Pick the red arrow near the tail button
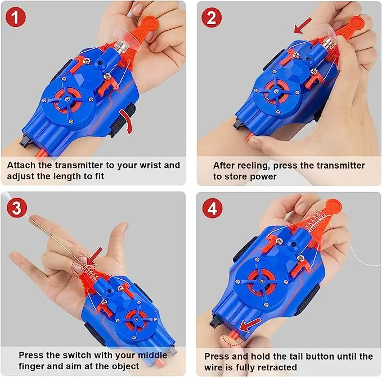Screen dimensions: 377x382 [249, 323]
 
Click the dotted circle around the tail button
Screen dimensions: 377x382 [230, 336]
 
